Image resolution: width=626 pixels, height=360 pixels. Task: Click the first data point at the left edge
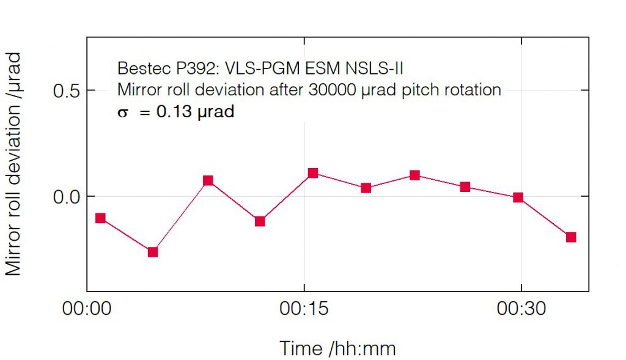coord(101,218)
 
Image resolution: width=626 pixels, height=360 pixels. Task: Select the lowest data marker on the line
coord(153,252)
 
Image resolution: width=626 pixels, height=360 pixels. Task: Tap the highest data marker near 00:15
coord(313,173)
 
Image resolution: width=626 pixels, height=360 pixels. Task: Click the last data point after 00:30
coord(571,237)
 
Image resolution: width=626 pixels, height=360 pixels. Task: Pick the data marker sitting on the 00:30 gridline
coord(518,197)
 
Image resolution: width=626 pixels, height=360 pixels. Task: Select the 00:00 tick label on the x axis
coord(87,309)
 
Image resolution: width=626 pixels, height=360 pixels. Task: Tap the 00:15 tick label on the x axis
coord(304,309)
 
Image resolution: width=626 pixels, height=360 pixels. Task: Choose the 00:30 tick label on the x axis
coord(521,309)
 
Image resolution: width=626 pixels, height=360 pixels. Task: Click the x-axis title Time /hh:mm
coord(337,348)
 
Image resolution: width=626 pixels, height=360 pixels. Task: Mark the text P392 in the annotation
coord(184,67)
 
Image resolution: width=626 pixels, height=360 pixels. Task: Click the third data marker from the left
coord(208,180)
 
